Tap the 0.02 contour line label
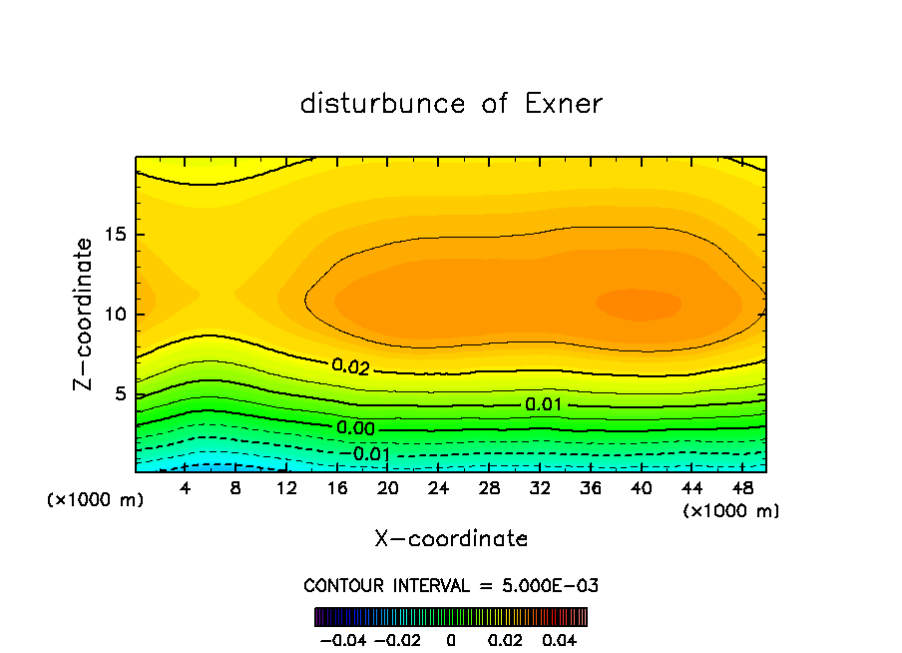(351, 367)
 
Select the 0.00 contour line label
(355, 428)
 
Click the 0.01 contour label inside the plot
(544, 404)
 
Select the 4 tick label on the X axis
(185, 488)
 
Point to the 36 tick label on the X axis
(592, 488)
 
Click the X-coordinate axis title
(451, 539)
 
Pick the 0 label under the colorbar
(451, 638)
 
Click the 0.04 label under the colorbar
(560, 638)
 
